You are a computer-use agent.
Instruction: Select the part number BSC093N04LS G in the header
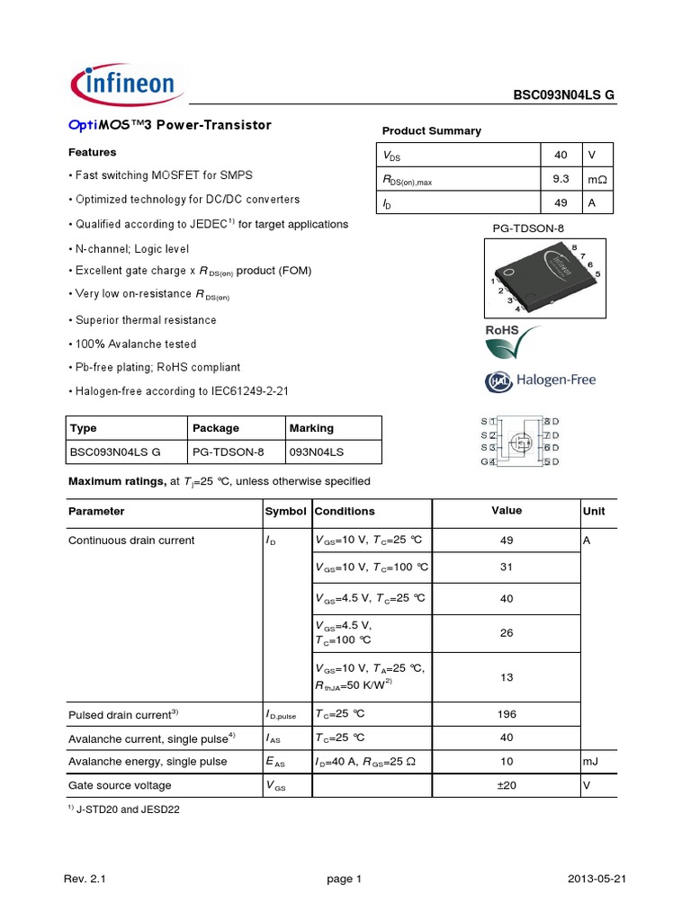(564, 96)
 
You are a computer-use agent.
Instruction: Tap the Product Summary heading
(431, 131)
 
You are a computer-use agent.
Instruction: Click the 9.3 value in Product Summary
(561, 180)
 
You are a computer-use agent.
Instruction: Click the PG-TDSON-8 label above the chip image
(528, 229)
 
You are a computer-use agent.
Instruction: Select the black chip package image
(545, 276)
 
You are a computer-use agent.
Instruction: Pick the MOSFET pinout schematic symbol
(519, 441)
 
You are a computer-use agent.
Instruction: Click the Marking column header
(311, 428)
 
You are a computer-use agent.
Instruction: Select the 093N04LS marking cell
(317, 452)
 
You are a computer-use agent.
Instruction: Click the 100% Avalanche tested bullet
(132, 344)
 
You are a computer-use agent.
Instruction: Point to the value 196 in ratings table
(507, 714)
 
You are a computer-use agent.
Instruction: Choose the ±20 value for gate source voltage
(507, 784)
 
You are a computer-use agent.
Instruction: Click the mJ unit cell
(592, 761)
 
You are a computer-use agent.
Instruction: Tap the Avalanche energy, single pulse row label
(148, 761)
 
